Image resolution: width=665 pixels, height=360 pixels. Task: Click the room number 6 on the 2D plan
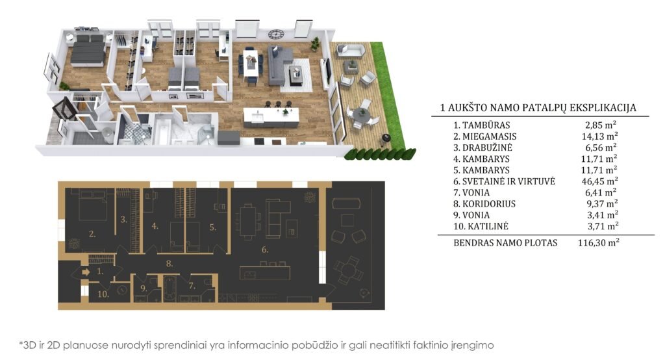coord(265,250)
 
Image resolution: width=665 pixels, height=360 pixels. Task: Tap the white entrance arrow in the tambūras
coord(86,272)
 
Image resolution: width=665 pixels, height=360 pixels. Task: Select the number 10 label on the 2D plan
coord(103,294)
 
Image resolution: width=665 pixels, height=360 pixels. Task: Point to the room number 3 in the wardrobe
coord(123,220)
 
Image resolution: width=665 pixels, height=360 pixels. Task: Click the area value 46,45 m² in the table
coord(599,181)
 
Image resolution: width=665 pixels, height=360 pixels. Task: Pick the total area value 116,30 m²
coord(598,243)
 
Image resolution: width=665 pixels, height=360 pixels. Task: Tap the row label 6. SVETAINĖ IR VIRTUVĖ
coord(504,181)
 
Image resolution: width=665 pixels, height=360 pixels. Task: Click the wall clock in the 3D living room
coord(275,34)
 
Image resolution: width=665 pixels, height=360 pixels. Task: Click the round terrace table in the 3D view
coord(361,114)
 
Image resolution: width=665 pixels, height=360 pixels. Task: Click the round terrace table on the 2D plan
coord(348,270)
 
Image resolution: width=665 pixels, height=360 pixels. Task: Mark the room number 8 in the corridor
coord(169,264)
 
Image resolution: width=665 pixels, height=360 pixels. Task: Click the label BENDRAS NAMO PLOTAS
coord(505,243)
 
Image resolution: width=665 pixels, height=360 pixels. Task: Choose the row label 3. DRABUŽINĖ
coord(483,148)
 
